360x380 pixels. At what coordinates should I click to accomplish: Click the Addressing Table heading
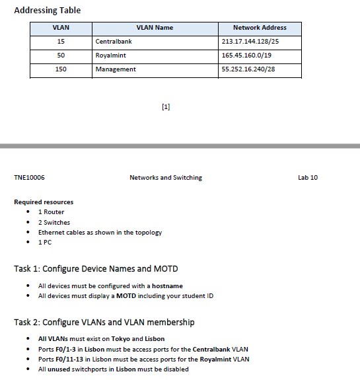48,11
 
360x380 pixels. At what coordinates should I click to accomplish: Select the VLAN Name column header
154,28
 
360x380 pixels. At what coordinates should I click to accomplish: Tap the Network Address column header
260,28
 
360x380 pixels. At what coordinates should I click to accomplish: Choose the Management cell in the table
116,69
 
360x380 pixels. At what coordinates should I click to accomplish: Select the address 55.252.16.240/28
248,69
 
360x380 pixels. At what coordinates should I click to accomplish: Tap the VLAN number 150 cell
61,69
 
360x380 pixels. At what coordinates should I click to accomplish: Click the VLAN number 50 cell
61,56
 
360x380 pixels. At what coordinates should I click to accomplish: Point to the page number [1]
166,106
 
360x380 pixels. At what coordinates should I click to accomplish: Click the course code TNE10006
29,178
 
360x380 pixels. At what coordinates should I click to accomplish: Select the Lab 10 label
308,178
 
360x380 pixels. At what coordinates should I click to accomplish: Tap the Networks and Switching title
166,178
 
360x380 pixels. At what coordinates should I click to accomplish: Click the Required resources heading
44,202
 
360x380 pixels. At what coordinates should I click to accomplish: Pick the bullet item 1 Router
51,212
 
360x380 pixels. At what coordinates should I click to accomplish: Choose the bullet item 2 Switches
54,223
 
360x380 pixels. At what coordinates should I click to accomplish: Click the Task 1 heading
96,269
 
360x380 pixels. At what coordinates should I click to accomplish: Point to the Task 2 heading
104,323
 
